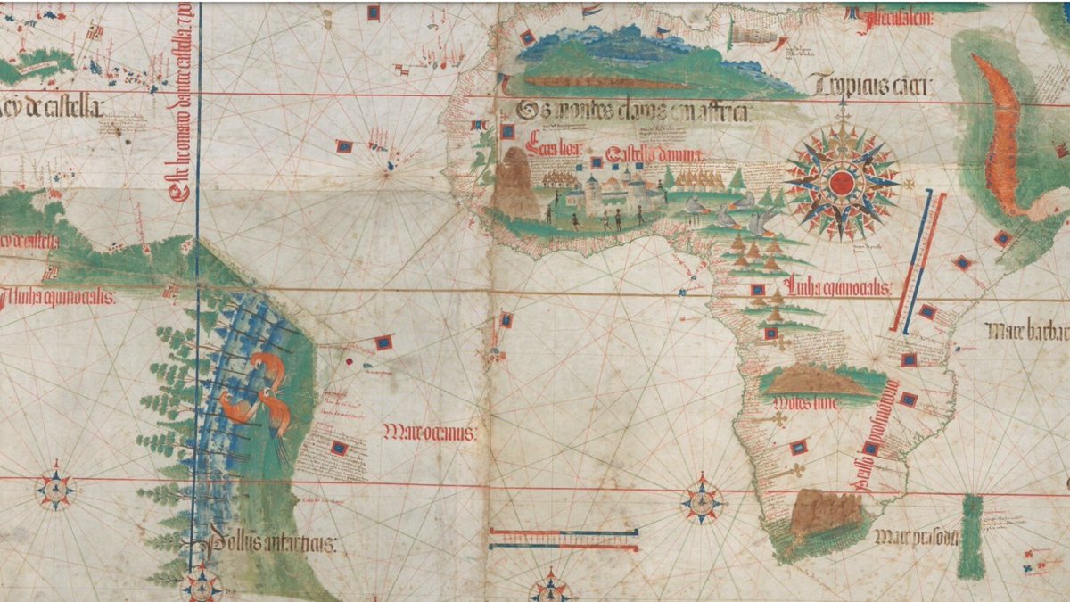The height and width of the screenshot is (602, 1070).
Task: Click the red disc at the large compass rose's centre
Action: tap(842, 183)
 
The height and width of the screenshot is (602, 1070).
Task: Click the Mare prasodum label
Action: tap(917, 537)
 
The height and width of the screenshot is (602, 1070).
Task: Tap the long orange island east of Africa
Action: tap(1001, 134)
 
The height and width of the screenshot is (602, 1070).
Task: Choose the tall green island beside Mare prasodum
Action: tap(971, 535)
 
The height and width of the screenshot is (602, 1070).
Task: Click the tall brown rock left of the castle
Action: tap(514, 184)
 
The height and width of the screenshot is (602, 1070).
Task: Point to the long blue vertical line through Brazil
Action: tap(197, 268)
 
